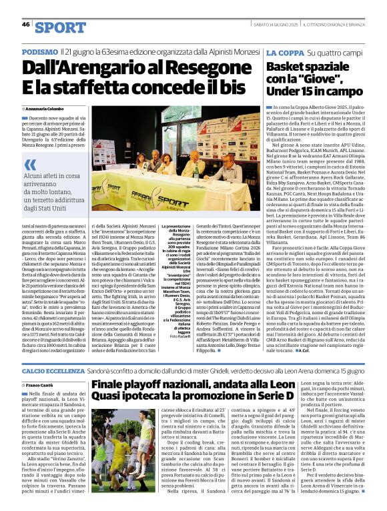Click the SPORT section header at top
pyautogui.click(x=61, y=27)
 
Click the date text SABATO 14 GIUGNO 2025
pyautogui.click(x=275, y=25)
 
